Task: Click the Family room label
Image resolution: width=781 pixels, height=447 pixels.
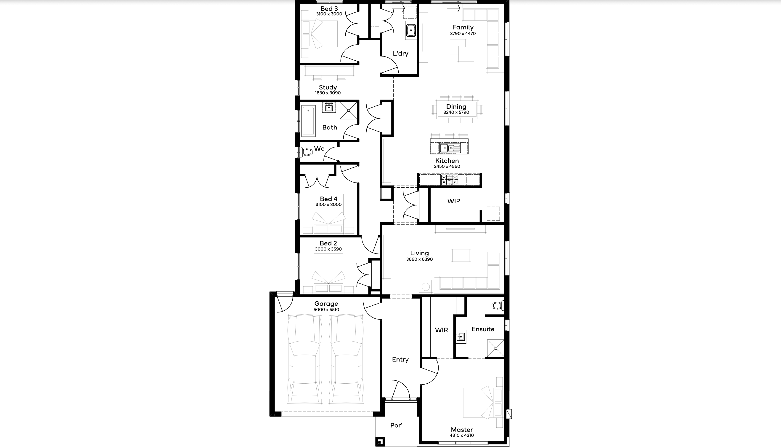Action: coord(463,27)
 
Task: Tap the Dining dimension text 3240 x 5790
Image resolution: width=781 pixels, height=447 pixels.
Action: coord(456,112)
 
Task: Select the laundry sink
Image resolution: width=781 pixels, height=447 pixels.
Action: coord(411,30)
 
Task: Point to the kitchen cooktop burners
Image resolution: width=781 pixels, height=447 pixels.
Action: coord(449,180)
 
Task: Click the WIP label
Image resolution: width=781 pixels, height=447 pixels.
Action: coord(454,201)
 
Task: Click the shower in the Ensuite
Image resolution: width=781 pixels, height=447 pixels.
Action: coord(495,348)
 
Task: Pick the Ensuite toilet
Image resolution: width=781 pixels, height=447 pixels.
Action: coord(497,305)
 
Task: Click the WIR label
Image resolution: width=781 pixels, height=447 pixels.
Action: coord(441,330)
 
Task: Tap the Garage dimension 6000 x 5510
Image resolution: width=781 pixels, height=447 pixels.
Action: coord(326,310)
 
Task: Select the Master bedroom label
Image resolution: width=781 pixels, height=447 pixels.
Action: coord(462,430)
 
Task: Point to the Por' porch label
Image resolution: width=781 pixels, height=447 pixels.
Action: coord(396,425)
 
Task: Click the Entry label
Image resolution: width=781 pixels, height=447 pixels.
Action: coord(400,360)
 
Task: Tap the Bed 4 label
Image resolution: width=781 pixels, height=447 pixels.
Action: coord(328,199)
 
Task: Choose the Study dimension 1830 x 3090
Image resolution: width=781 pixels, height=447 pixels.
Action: coord(328,93)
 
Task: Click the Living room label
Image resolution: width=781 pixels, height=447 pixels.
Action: coord(419,253)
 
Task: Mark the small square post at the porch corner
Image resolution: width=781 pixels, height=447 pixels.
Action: coord(380,442)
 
